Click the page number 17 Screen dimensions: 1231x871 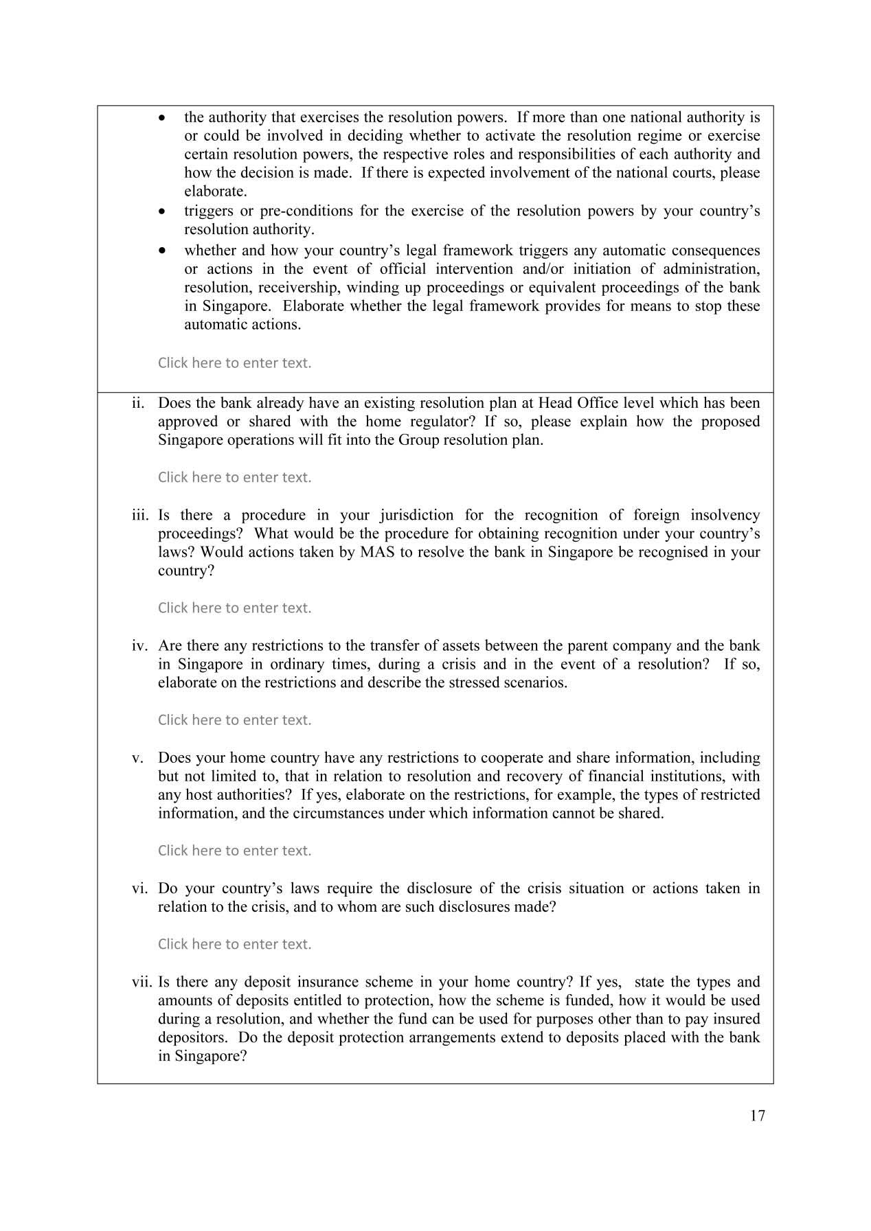pyautogui.click(x=757, y=1116)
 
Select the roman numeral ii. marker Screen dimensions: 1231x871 pyautogui.click(x=138, y=403)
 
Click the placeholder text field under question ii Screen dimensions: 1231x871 pyautogui.click(x=234, y=477)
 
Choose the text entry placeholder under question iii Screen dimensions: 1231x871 pyautogui.click(x=234, y=608)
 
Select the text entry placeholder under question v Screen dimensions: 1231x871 pyautogui.click(x=234, y=851)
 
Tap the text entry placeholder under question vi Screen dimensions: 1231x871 pyautogui.click(x=234, y=944)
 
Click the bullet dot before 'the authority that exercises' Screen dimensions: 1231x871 pyautogui.click(x=161, y=118)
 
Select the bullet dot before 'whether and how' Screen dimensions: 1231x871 pyautogui.click(x=161, y=251)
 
